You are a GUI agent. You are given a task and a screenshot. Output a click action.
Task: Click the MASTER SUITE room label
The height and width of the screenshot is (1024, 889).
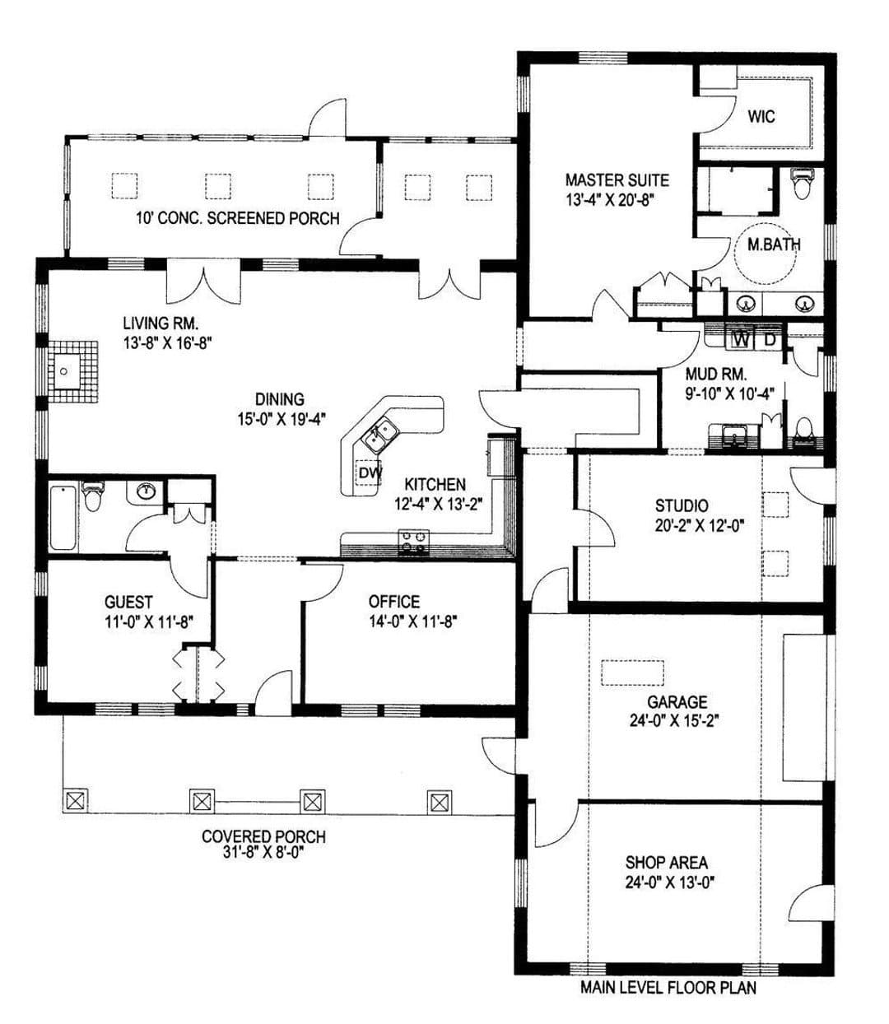tap(617, 179)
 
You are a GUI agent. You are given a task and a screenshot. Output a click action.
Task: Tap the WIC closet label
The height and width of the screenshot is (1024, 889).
tap(761, 117)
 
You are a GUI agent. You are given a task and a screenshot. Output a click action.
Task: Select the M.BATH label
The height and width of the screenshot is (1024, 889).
tap(774, 244)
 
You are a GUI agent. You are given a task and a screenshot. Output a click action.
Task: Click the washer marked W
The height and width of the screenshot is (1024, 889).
tap(742, 340)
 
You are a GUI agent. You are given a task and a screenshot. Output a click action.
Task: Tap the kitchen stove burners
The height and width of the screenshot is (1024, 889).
tap(413, 542)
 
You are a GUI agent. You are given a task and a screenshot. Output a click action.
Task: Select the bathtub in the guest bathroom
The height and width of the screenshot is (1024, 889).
tap(63, 518)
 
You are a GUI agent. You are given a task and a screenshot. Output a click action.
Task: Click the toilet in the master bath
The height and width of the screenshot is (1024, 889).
tap(802, 184)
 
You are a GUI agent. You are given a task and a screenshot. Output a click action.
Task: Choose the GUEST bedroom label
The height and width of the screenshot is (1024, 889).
tap(128, 602)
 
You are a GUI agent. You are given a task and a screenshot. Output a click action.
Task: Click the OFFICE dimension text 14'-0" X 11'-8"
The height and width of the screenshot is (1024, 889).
tap(413, 621)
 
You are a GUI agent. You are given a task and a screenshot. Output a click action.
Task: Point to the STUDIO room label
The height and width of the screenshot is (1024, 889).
tap(682, 505)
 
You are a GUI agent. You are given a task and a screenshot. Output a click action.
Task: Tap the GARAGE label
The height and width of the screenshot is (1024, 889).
tap(677, 701)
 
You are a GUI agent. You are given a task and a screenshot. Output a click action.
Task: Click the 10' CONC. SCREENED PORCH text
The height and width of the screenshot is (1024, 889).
tap(238, 218)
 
